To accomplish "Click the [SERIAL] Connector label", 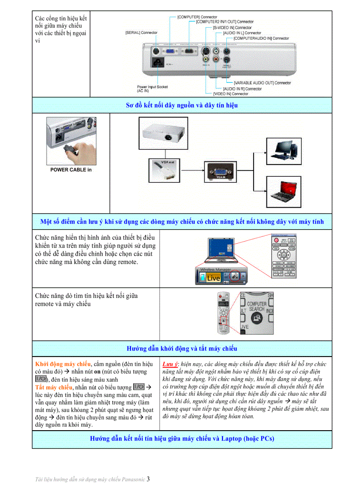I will pos(141,33).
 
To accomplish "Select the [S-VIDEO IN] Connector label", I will pos(232,27).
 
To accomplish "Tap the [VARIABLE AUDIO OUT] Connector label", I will pos(262,83).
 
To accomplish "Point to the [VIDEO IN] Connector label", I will pos(230,94).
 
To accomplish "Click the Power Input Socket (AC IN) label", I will pos(152,89).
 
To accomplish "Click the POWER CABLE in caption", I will pos(71,170).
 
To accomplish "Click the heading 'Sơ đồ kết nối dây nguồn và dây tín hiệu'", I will pos(182,105).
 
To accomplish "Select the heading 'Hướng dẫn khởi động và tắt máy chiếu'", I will pos(182,349).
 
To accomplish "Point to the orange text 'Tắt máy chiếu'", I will pos(53,387).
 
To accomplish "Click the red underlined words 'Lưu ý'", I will pos(170,364).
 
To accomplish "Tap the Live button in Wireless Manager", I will pos(214,278).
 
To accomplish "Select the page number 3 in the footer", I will pos(148,479).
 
